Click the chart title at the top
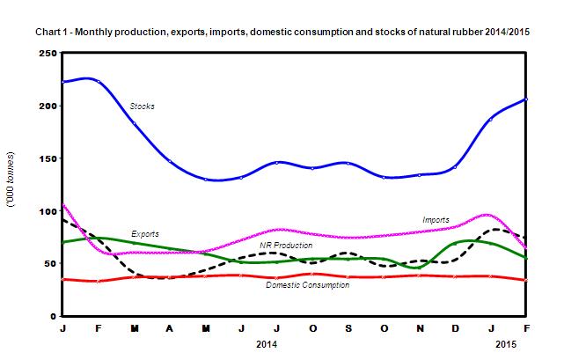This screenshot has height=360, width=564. pyautogui.click(x=282, y=33)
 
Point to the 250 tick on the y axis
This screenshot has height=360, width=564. pyautogui.click(x=48, y=54)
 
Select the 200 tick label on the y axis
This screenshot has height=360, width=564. pyautogui.click(x=48, y=107)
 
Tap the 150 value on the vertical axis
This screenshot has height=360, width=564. pyautogui.click(x=48, y=159)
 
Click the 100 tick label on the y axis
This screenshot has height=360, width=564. pyautogui.click(x=48, y=211)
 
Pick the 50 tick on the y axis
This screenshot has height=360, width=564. pyautogui.click(x=50, y=264)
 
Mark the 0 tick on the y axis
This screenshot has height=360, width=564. pyautogui.click(x=54, y=316)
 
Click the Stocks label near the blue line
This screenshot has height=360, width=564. pyautogui.click(x=142, y=107)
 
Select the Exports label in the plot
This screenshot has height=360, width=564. pyautogui.click(x=145, y=234)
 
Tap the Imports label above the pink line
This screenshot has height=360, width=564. pyautogui.click(x=436, y=219)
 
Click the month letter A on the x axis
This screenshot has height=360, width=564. pyautogui.click(x=169, y=329)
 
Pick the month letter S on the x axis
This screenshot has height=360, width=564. pyautogui.click(x=348, y=329)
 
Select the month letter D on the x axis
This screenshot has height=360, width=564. pyautogui.click(x=455, y=329)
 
